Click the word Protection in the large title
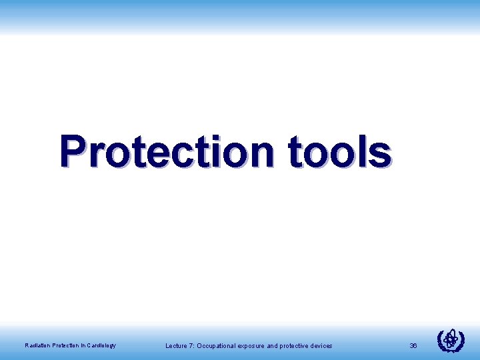[x=167, y=152]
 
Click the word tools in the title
[x=339, y=152]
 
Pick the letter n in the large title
[x=262, y=155]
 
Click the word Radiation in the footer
[x=37, y=345]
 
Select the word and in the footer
[x=273, y=345]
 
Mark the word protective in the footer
[x=294, y=345]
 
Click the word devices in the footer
[x=321, y=345]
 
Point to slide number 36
[x=413, y=345]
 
